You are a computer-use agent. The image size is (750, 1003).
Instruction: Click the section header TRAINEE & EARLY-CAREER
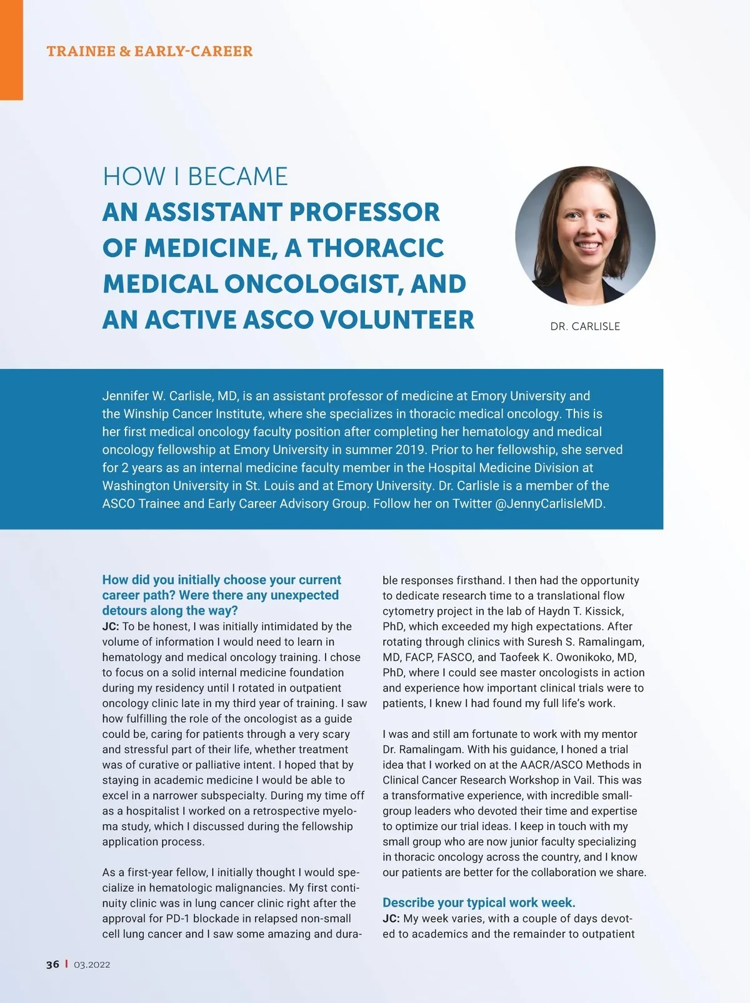(149, 51)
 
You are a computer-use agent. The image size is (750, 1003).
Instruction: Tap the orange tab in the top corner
(11, 50)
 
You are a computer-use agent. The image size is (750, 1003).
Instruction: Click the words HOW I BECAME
(195, 176)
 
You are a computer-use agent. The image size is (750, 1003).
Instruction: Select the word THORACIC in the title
(375, 248)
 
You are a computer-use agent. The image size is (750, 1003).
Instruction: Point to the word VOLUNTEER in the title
(397, 320)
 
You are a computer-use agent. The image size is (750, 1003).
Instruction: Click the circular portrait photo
(585, 235)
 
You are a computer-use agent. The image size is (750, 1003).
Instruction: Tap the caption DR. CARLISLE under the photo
(585, 326)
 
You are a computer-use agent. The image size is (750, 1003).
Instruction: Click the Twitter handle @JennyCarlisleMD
(550, 504)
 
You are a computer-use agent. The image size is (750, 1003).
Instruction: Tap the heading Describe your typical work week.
(479, 902)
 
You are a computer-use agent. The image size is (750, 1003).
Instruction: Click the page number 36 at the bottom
(52, 964)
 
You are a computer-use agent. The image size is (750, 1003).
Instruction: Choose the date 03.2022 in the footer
(92, 965)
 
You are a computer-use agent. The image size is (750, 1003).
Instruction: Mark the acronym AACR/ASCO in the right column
(549, 765)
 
